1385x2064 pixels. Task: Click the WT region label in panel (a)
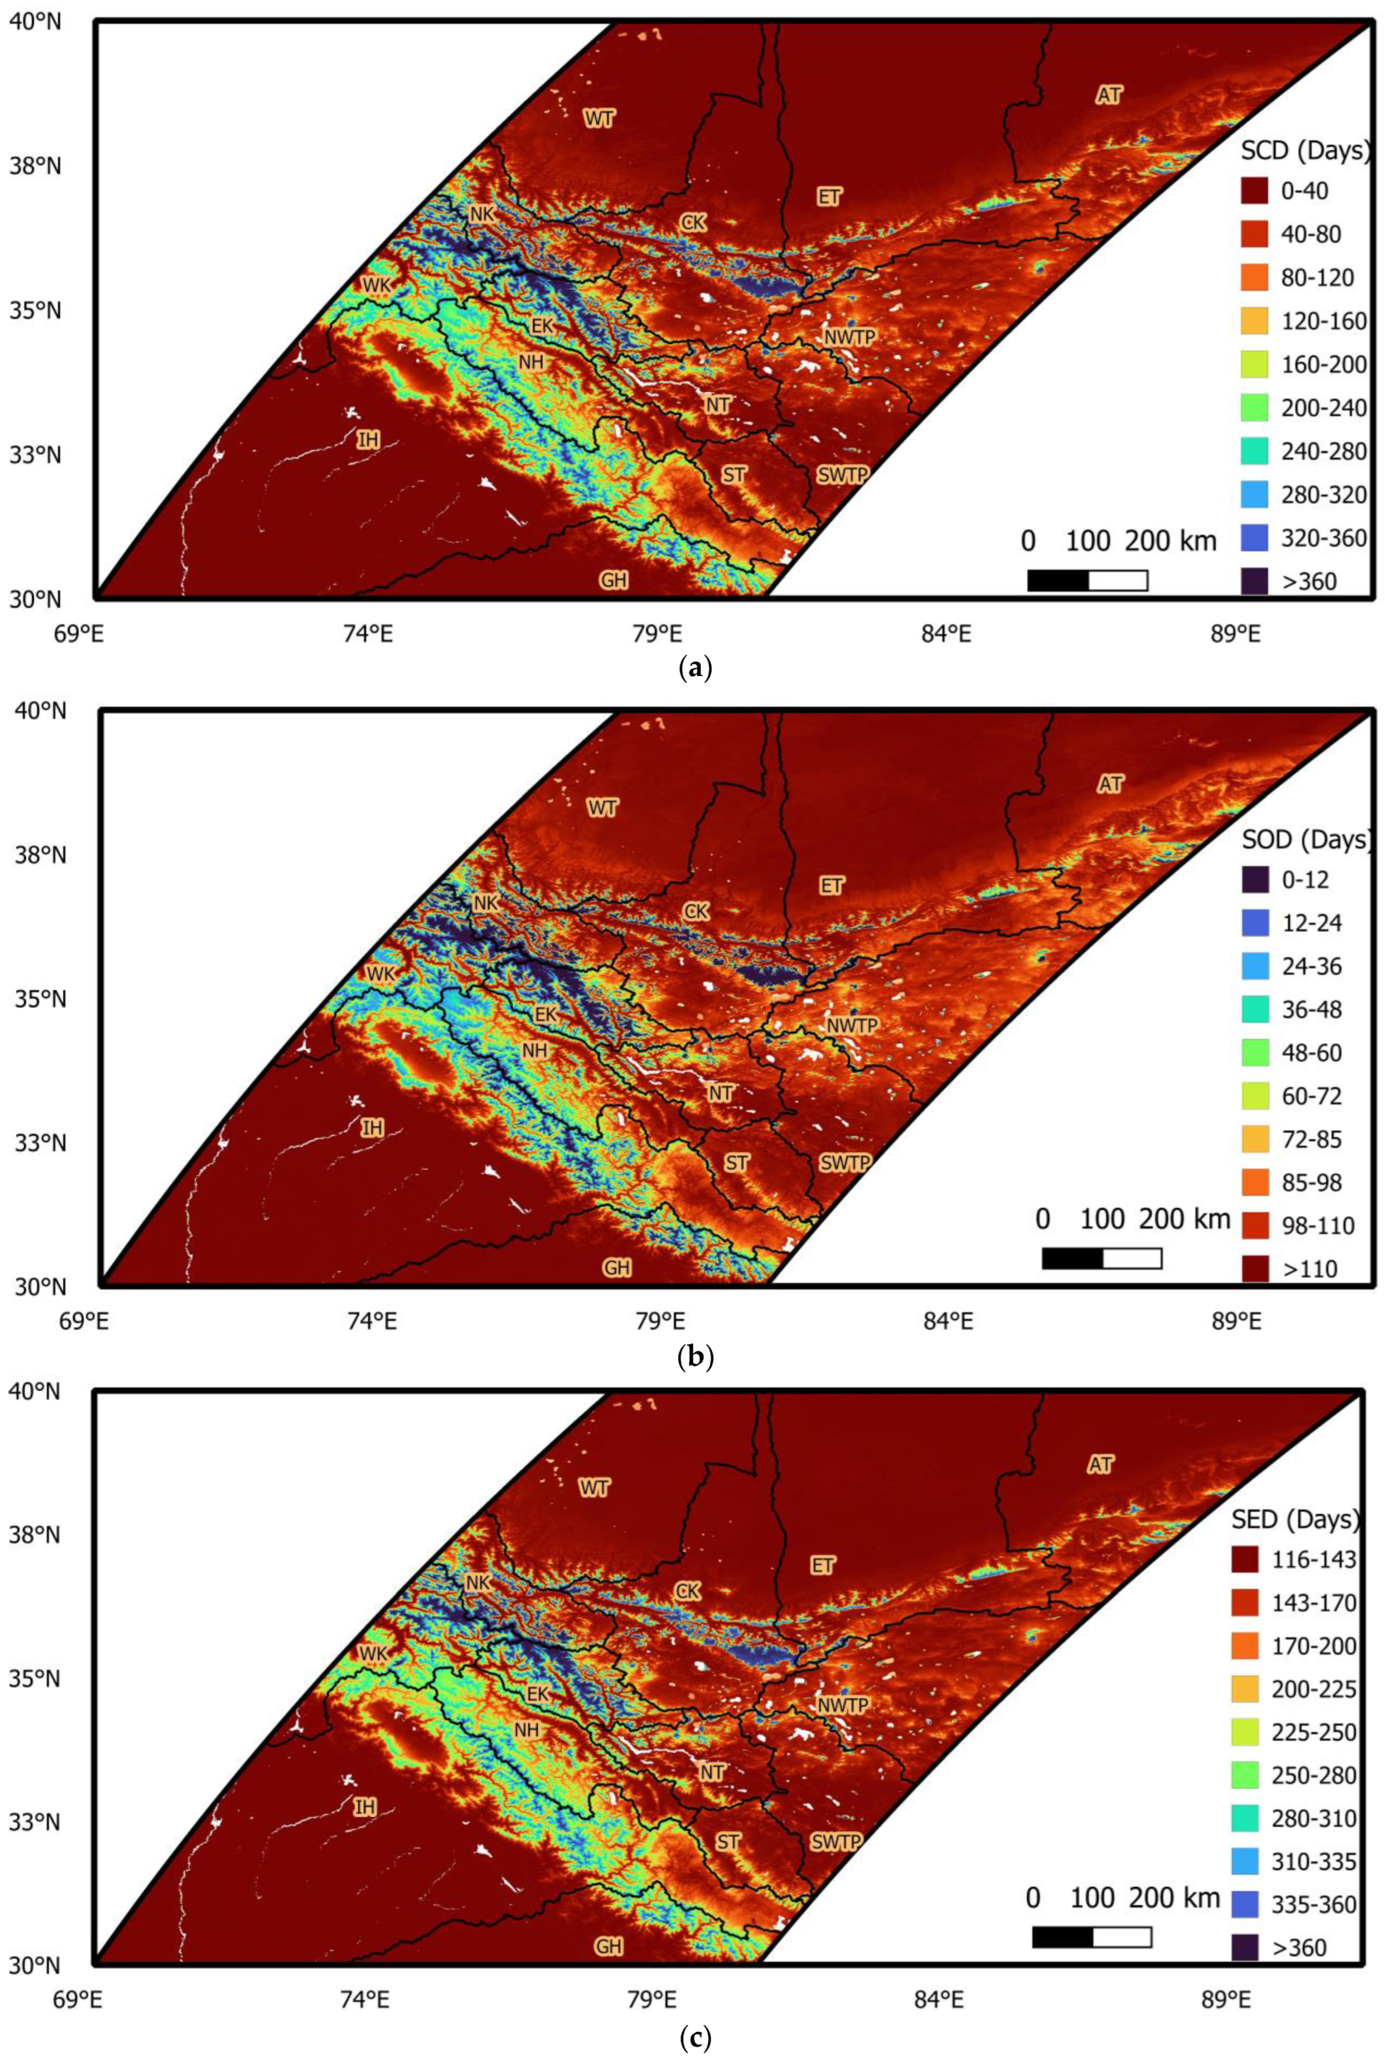coord(600,118)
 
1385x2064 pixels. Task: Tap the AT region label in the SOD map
coord(1110,783)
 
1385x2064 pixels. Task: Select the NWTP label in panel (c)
coord(843,1705)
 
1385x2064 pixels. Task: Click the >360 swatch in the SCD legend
coord(1254,580)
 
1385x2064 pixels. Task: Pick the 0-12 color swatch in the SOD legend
coord(1254,879)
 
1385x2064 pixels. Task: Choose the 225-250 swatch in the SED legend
coord(1245,1732)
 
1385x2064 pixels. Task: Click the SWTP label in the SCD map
coord(842,474)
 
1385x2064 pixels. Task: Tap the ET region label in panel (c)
coord(823,1565)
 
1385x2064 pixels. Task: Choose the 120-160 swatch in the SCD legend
coord(1254,321)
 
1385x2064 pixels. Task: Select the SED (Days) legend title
coord(1294,1519)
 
